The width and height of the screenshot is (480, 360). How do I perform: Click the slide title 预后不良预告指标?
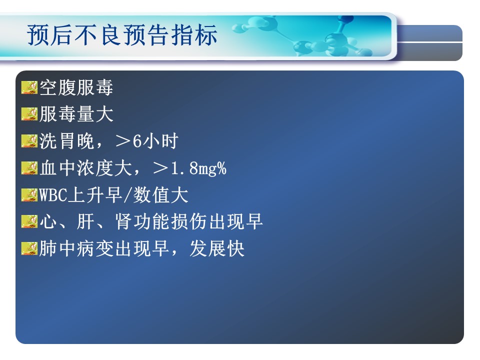(122, 34)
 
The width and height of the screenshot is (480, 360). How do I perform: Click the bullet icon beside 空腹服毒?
(29, 87)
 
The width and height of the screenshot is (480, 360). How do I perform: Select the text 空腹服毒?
(76, 87)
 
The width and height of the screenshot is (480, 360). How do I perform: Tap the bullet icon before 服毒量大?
(29, 114)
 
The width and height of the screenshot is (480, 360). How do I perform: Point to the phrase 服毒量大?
(76, 114)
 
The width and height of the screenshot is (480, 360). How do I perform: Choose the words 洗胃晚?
(66, 141)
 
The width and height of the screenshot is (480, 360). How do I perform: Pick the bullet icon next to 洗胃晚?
(29, 141)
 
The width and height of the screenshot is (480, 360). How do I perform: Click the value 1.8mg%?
(198, 168)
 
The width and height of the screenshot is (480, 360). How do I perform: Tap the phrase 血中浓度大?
(85, 168)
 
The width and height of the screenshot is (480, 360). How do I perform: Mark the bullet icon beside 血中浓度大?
(29, 168)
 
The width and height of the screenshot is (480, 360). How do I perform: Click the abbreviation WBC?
(53, 195)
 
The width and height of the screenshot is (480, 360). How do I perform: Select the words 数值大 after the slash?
(160, 195)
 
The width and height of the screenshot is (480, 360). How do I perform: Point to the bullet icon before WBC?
(29, 195)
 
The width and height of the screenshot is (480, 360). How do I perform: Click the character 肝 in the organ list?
(85, 221)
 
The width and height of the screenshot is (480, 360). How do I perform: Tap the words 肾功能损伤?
(160, 221)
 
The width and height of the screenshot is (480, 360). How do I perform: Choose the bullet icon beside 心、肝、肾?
(29, 221)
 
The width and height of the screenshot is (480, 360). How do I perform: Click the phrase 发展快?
(217, 248)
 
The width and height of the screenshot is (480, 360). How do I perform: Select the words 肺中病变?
(76, 248)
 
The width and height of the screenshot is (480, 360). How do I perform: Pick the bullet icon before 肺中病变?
(29, 248)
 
